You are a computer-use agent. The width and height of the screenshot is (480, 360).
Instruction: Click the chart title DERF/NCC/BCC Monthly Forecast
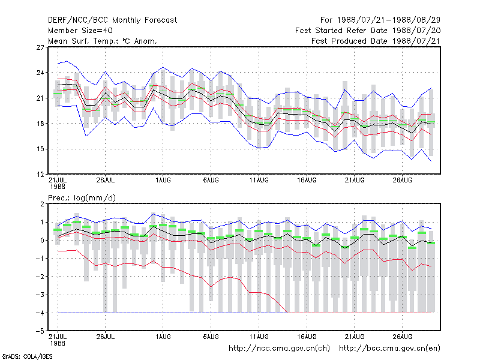[x=112, y=20]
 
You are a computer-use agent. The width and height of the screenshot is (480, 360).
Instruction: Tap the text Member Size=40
[x=80, y=31]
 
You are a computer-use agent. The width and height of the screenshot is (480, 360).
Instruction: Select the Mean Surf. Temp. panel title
[x=103, y=41]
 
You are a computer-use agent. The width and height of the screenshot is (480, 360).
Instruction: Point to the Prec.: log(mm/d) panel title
[x=82, y=198]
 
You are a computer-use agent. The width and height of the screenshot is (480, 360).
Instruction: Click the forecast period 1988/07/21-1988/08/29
[x=380, y=20]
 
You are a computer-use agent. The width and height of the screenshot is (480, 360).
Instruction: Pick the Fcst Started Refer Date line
[x=368, y=31]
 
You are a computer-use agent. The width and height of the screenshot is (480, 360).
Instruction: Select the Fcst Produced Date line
[x=376, y=41]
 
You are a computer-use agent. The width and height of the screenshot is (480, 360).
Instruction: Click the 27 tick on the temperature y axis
[x=40, y=47]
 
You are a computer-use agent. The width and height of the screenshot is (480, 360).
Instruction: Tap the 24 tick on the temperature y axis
[x=40, y=73]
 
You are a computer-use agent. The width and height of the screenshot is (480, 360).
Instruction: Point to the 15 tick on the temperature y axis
[x=40, y=149]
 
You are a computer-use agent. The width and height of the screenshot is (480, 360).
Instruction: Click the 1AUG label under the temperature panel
[x=163, y=181]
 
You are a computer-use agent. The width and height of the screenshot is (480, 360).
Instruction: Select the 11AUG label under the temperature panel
[x=259, y=181]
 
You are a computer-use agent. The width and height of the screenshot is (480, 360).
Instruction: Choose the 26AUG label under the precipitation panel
[x=402, y=337]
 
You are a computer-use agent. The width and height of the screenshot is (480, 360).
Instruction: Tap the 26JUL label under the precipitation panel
[x=106, y=337]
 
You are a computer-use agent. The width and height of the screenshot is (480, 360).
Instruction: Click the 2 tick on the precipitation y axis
[x=42, y=204]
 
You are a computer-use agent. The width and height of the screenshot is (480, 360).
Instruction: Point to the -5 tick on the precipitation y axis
[x=40, y=331]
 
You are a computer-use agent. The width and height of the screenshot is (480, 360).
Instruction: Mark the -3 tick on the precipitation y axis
[x=40, y=295]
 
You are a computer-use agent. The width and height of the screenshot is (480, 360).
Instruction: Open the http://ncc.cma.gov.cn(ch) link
[x=279, y=349]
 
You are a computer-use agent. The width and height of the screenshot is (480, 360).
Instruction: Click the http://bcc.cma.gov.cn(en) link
[x=389, y=349]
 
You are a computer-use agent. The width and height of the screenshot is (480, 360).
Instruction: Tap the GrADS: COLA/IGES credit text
[x=28, y=356]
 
